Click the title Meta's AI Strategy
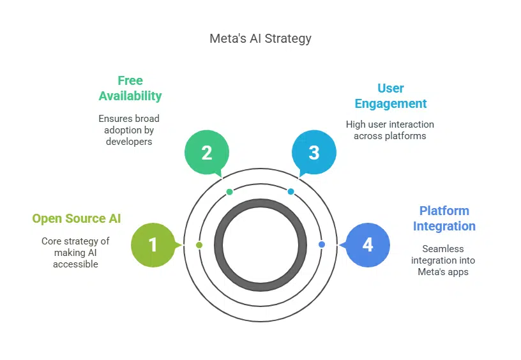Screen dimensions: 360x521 point(260,38)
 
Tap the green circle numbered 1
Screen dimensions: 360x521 point(153,244)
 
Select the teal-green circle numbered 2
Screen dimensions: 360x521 point(206,153)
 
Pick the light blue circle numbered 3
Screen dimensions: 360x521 point(313,153)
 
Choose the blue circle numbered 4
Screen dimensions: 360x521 point(368,244)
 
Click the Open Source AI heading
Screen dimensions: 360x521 point(77,219)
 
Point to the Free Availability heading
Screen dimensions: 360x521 point(130,88)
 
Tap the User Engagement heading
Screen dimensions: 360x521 point(390,96)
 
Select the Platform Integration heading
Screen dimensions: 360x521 point(444,218)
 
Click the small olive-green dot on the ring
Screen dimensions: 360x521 point(199,245)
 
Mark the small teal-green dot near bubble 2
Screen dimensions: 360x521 point(230,191)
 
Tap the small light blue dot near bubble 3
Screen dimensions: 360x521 point(291,191)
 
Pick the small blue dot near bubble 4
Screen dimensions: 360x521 point(321,244)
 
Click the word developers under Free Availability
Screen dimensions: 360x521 point(129,142)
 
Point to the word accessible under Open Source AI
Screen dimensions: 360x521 point(76,264)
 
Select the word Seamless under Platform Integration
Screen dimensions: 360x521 point(443,249)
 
